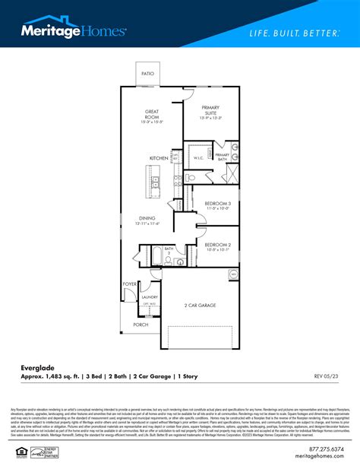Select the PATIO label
coord(148,74)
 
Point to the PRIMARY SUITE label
coord(210,113)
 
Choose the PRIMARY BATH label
coord(222,157)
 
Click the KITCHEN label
coord(158,158)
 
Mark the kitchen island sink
coord(155,182)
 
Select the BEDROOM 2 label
coord(217,246)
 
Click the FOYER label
coord(130,284)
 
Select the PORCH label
coord(141,324)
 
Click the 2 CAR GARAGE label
coord(201,305)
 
